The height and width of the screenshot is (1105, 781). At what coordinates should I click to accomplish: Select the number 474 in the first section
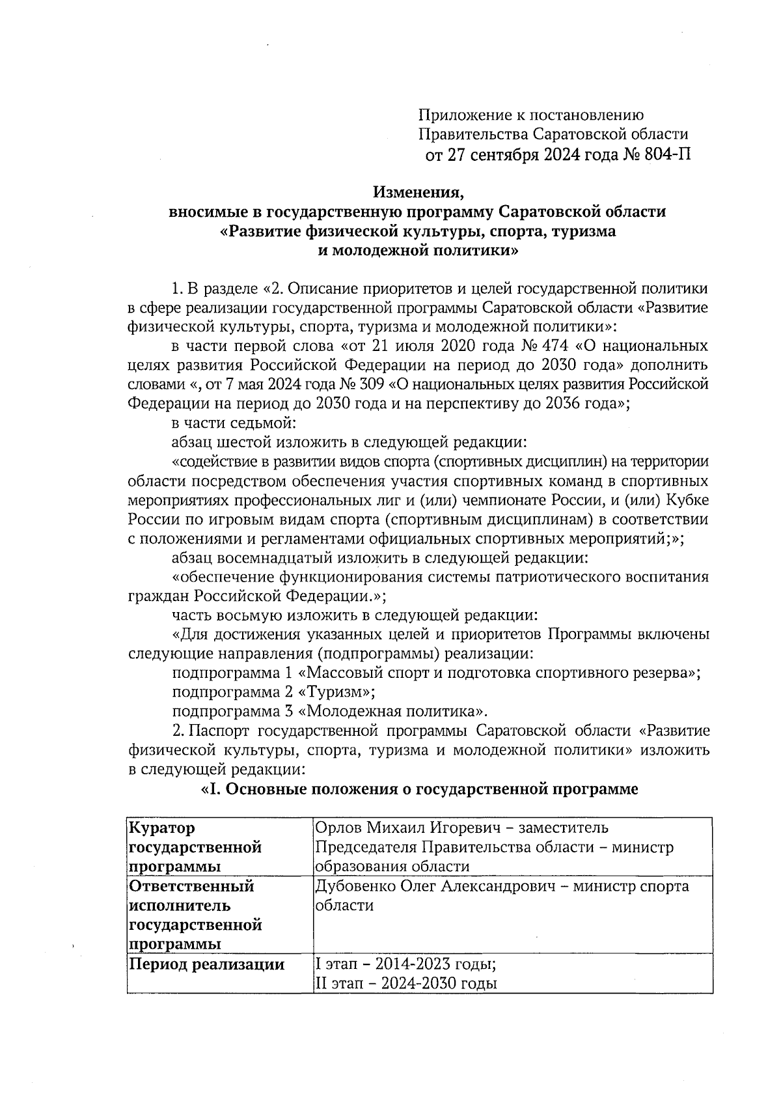click(x=554, y=346)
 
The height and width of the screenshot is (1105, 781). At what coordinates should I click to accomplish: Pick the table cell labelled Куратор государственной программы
click(x=195, y=847)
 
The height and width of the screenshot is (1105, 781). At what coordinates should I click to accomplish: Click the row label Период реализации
click(x=207, y=964)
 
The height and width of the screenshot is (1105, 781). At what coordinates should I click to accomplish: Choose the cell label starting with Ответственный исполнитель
click(x=195, y=915)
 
